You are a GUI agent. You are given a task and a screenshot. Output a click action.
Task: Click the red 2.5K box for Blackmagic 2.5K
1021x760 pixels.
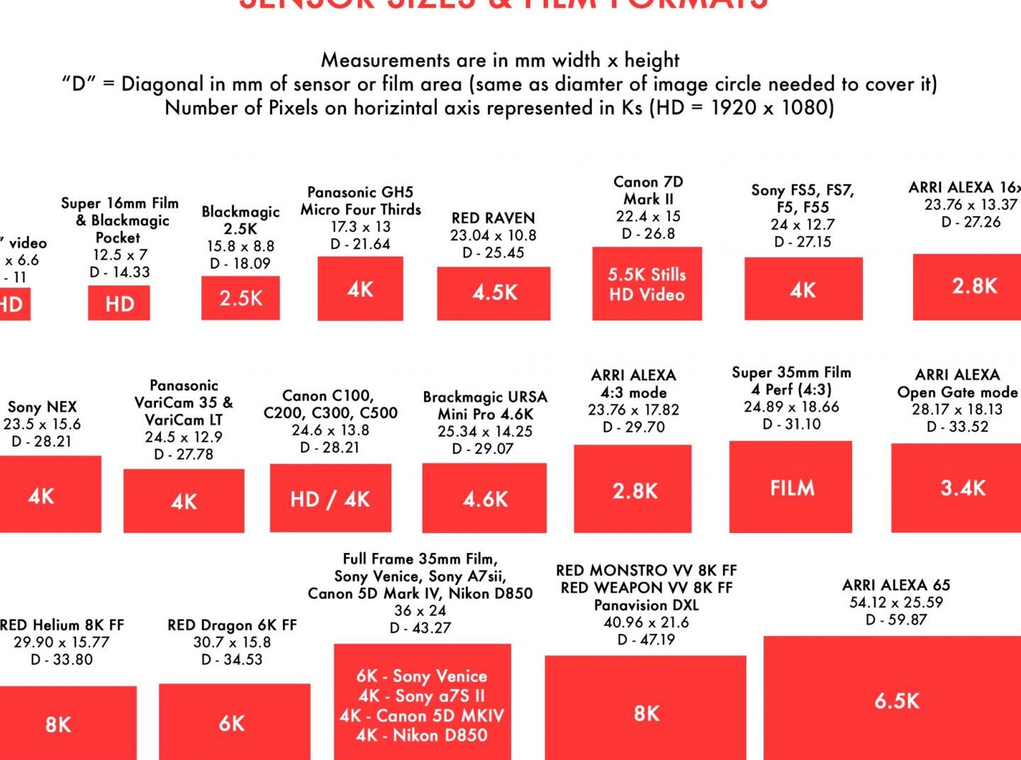pyautogui.click(x=240, y=298)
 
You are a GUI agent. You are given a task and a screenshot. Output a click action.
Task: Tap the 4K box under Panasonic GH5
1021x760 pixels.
pyautogui.click(x=360, y=289)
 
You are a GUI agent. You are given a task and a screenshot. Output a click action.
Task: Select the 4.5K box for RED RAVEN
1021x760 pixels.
pyautogui.click(x=493, y=293)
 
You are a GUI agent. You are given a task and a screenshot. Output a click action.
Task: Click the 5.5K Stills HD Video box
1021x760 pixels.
pyautogui.click(x=647, y=284)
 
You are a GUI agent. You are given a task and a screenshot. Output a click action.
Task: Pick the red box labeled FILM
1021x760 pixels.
pyautogui.click(x=791, y=487)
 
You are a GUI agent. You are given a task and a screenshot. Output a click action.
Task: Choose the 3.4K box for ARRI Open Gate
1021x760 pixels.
pyautogui.click(x=961, y=488)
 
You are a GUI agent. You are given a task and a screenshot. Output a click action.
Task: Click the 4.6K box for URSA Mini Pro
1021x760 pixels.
pyautogui.click(x=484, y=498)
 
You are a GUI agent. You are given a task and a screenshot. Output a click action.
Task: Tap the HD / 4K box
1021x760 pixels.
pyautogui.click(x=330, y=498)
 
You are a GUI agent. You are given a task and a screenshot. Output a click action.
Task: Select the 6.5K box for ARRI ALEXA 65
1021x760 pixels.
pyautogui.click(x=896, y=700)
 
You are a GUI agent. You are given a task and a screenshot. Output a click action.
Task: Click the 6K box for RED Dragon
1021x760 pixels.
pyautogui.click(x=233, y=722)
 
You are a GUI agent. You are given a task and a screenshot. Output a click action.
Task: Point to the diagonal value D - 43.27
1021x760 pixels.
pyautogui.click(x=420, y=627)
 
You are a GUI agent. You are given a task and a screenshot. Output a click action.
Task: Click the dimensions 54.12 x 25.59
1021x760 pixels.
pyautogui.click(x=896, y=603)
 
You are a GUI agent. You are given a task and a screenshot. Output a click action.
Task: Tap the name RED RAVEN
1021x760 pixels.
pyautogui.click(x=493, y=218)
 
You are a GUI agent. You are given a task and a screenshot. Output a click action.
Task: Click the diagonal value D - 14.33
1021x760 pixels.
pyautogui.click(x=119, y=272)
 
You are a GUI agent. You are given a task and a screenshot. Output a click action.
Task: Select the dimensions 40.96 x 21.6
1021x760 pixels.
pyautogui.click(x=646, y=622)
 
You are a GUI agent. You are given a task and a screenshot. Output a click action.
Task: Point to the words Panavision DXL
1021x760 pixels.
pyautogui.click(x=646, y=605)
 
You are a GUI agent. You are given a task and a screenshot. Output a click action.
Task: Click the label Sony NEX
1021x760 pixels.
pyautogui.click(x=42, y=407)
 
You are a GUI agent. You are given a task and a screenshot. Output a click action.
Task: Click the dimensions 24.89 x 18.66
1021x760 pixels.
pyautogui.click(x=791, y=407)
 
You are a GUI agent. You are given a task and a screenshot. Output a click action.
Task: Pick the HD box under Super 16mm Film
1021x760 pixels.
pyautogui.click(x=119, y=303)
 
